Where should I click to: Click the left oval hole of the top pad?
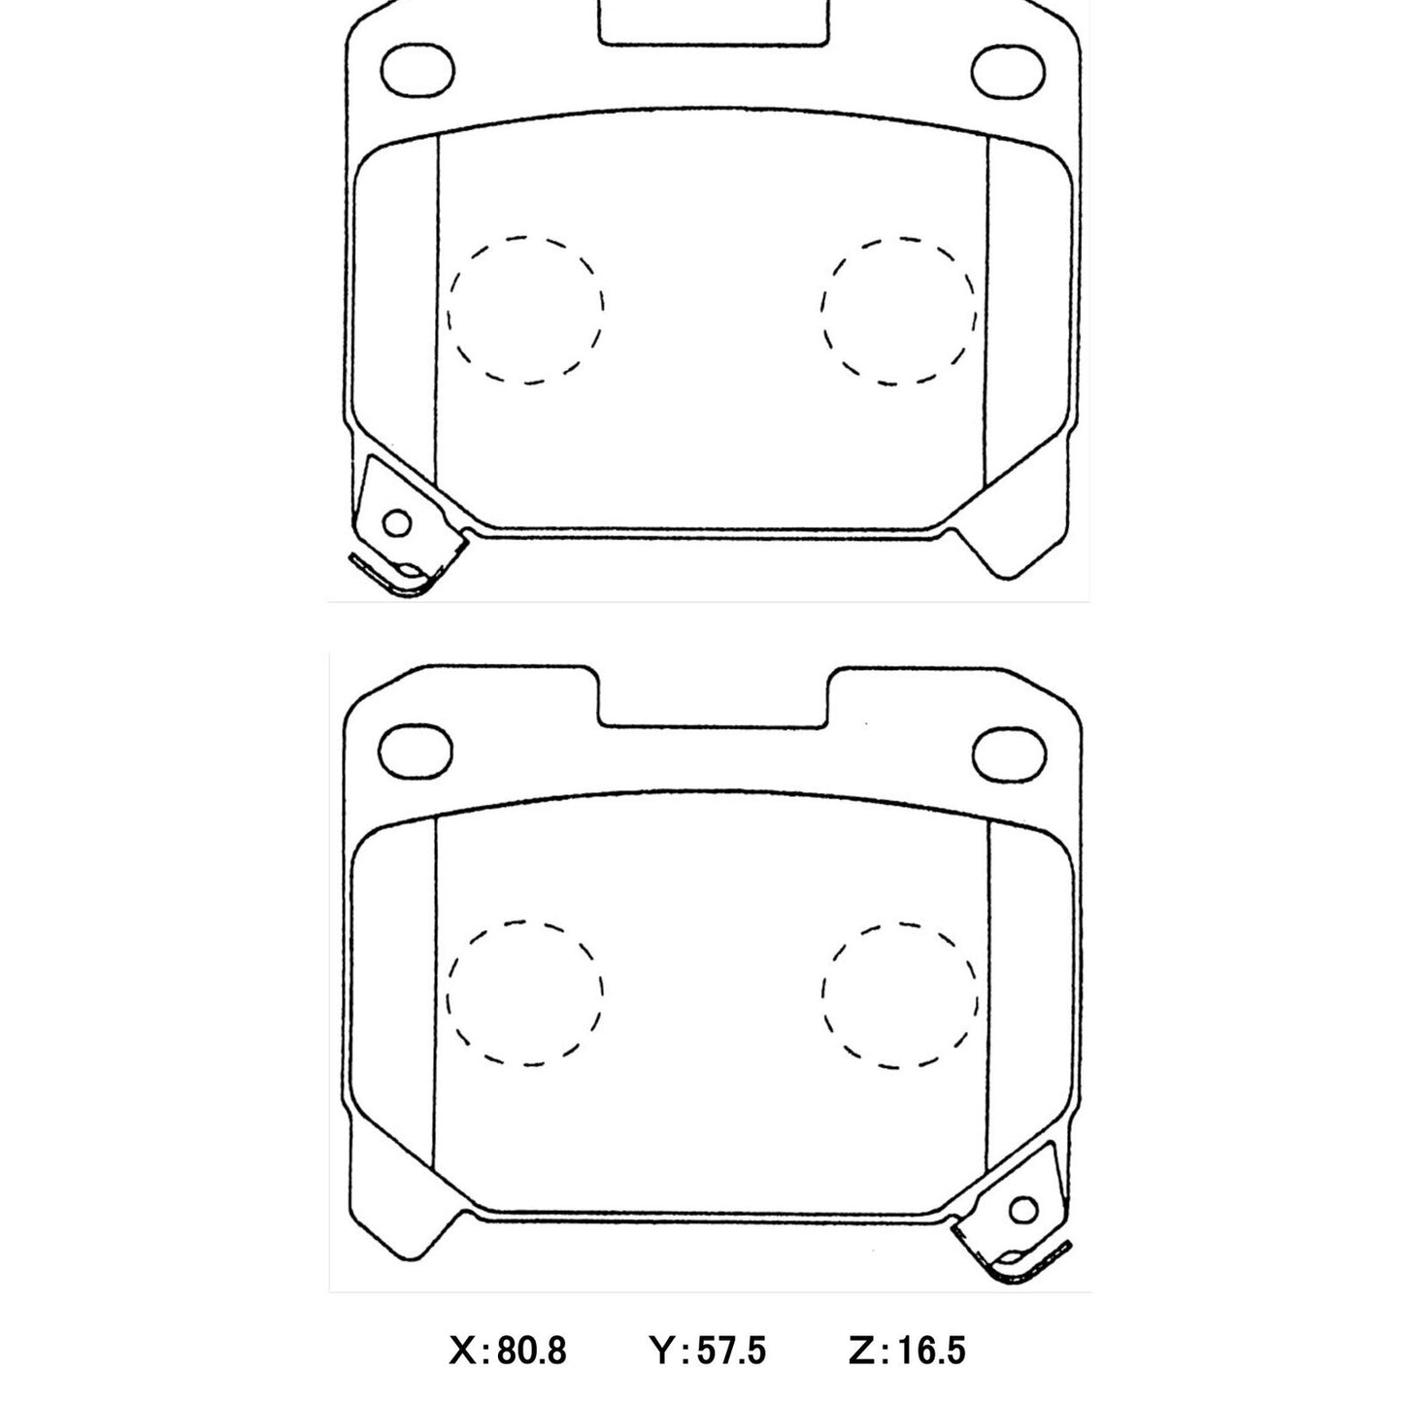[418, 70]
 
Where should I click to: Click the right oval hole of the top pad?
[1009, 71]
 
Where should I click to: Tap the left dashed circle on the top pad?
[525, 309]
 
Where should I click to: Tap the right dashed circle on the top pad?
[898, 310]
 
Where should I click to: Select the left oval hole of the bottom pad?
[416, 752]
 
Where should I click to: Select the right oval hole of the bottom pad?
[1009, 752]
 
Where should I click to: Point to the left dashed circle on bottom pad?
[525, 993]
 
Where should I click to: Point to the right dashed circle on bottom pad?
[899, 993]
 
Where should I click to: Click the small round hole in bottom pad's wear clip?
[1022, 1210]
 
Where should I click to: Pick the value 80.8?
[531, 1351]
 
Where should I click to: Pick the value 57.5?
[732, 1351]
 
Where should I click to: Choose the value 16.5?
[930, 1351]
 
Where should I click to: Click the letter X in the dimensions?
[462, 1351]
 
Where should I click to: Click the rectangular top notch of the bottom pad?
[712, 697]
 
